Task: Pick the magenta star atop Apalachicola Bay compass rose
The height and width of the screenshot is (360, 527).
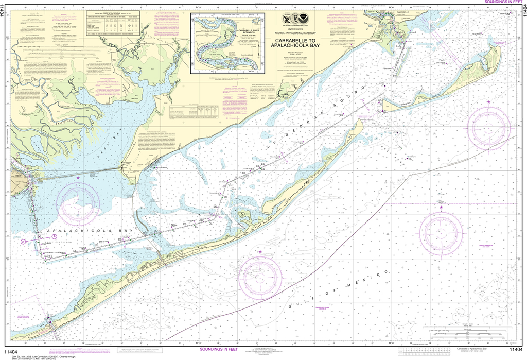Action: [x=78, y=178]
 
